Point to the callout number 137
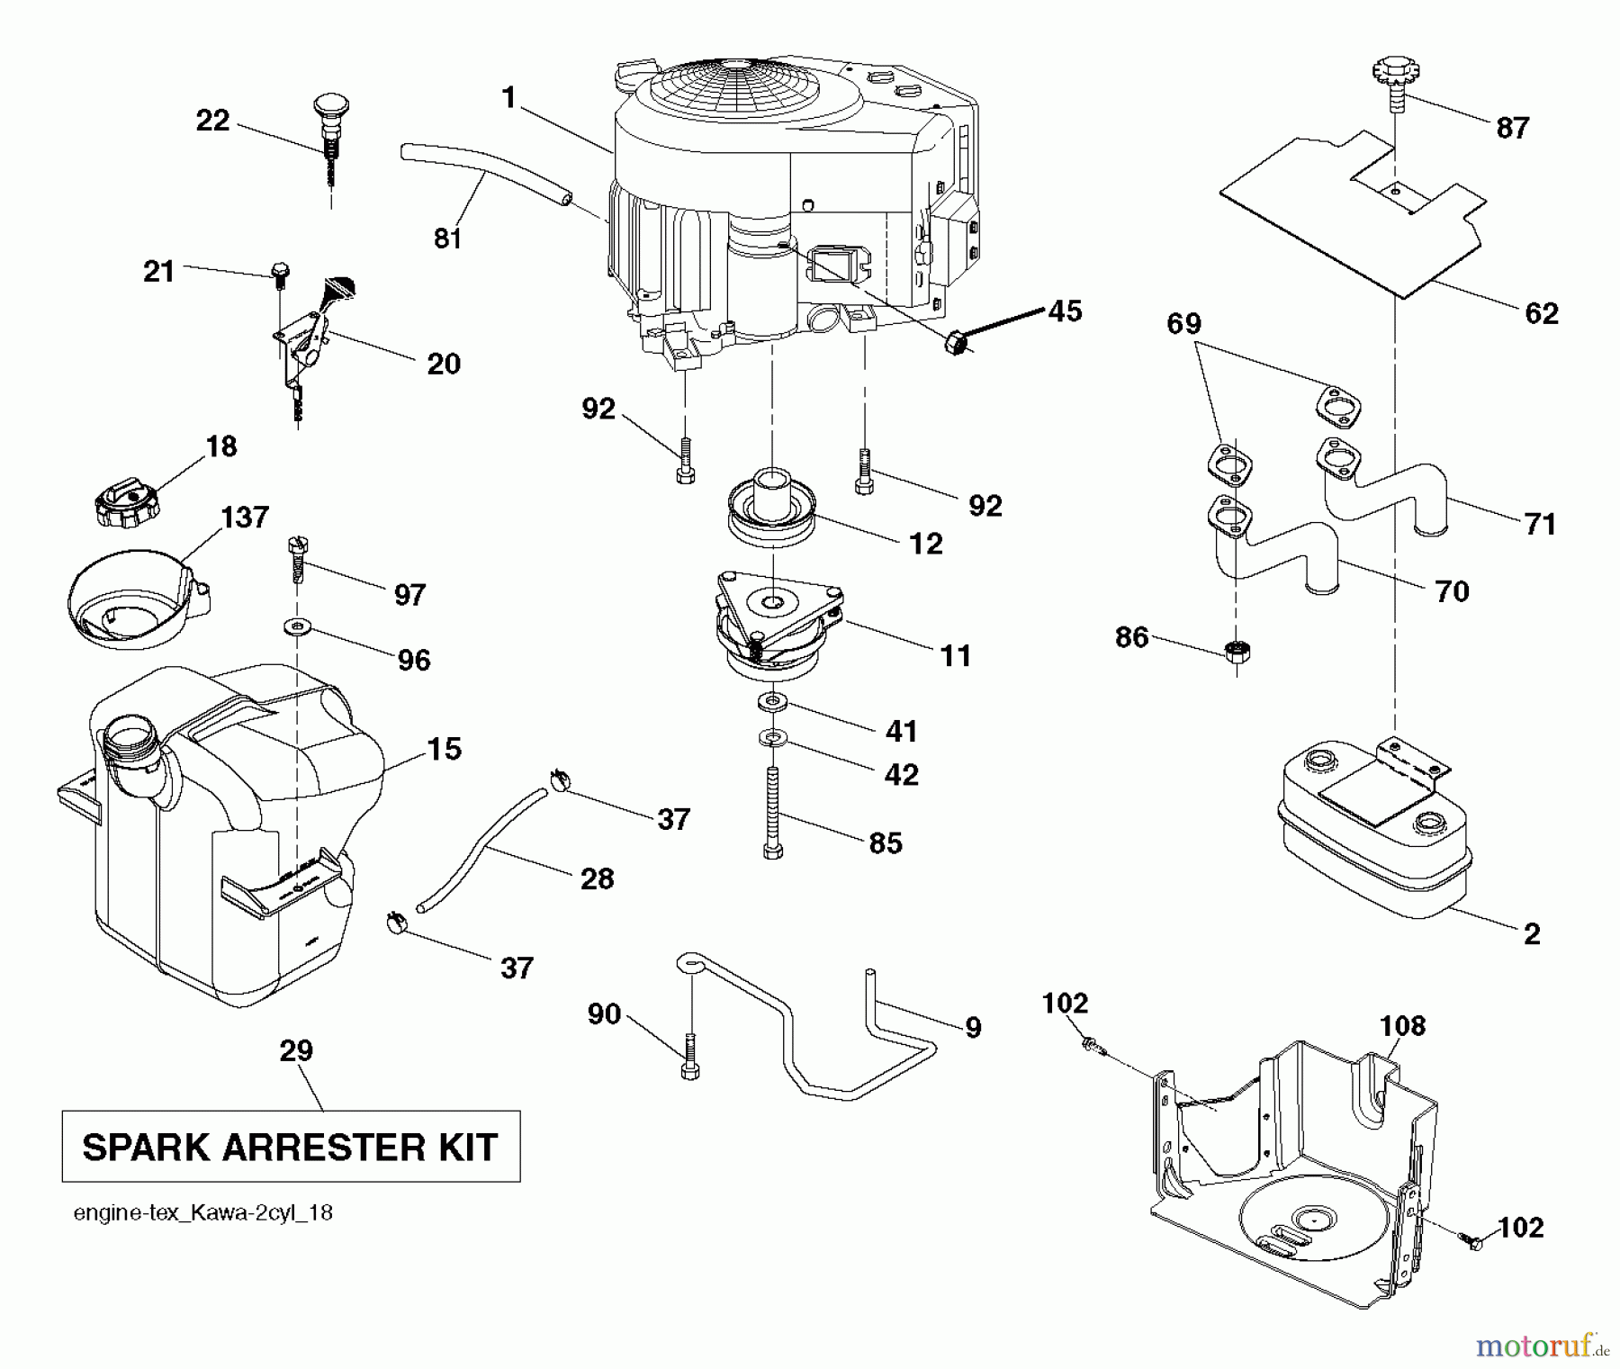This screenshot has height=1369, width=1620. (x=245, y=517)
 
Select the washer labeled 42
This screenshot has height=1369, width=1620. (x=772, y=739)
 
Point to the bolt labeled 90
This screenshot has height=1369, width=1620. (x=690, y=1057)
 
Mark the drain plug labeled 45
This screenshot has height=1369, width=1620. (x=957, y=343)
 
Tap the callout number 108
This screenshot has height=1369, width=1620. (x=1402, y=1025)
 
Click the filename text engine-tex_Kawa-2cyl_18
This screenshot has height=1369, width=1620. (x=202, y=1213)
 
